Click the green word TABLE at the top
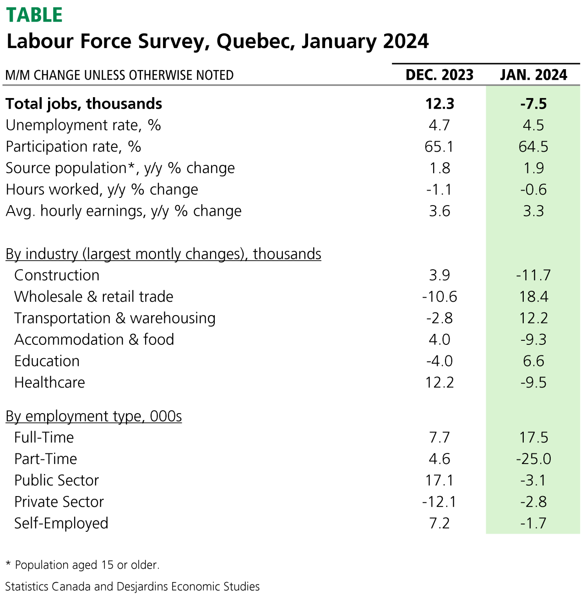[34, 15]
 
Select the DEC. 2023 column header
[439, 75]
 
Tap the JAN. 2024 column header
[533, 75]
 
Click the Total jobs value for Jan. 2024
[533, 104]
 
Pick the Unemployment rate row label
[83, 125]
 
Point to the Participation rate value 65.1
[439, 147]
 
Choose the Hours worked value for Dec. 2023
[439, 190]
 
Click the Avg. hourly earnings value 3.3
[533, 211]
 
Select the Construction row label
[57, 275]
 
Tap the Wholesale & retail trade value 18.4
[533, 297]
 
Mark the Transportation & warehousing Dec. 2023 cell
[439, 318]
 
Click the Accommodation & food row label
[94, 340]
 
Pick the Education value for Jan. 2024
[533, 361]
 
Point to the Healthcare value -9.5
[533, 382]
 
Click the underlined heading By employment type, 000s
[93, 416]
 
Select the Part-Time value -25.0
[533, 459]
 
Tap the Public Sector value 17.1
[439, 480]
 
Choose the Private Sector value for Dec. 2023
[439, 502]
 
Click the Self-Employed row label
[61, 523]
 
